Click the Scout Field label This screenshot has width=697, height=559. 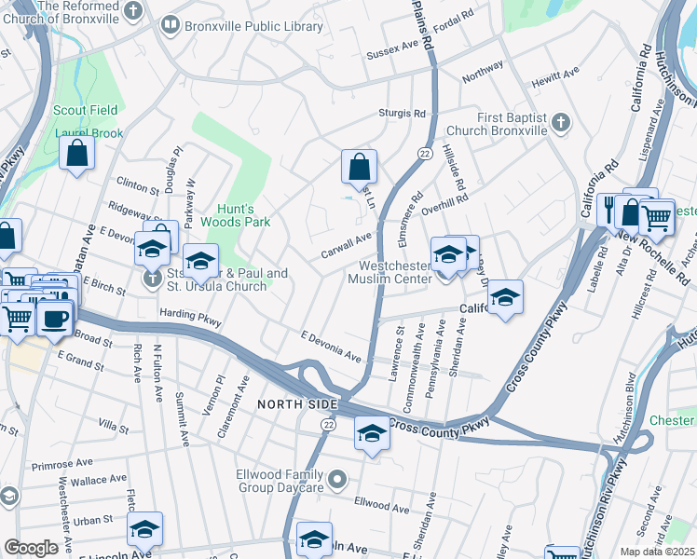click(86, 110)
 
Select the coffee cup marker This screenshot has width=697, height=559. click(54, 319)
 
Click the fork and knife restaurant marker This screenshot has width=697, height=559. click(608, 211)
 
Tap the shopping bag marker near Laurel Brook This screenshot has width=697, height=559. click(76, 153)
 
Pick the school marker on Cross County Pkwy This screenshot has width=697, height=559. click(371, 434)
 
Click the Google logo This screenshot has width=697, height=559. click(31, 548)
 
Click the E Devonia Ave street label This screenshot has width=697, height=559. click(330, 345)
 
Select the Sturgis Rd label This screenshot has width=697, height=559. click(402, 113)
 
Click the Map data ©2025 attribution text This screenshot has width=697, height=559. click(656, 552)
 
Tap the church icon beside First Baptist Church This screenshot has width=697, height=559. click(560, 122)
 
